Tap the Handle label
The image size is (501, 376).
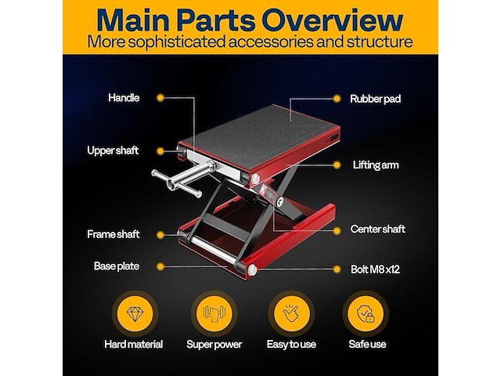coord(124,98)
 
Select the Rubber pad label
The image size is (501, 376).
coord(375,99)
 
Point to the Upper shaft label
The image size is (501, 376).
coord(113,150)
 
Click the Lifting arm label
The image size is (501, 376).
coord(376,165)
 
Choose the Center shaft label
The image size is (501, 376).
coord(377,229)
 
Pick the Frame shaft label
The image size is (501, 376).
coord(114,234)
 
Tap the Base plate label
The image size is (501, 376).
coord(117,266)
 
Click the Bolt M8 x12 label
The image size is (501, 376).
coord(375,269)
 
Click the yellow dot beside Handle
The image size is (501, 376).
coord(160,98)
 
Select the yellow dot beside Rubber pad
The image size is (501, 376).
coord(337,99)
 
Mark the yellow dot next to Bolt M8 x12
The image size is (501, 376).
coord(337,269)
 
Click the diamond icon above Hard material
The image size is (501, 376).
coord(135,313)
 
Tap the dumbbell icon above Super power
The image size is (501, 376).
coord(214,313)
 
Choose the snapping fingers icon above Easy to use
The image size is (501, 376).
coord(290,313)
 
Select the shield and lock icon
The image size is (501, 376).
coord(366,313)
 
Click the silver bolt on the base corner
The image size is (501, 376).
coord(252,269)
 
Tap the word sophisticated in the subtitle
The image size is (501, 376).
coord(177,42)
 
